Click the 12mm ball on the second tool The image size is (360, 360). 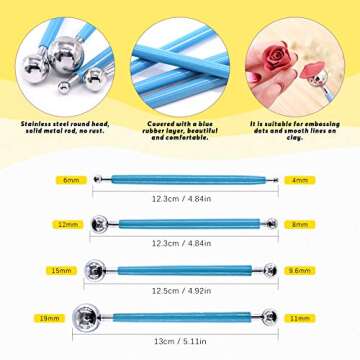[x=99, y=225]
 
